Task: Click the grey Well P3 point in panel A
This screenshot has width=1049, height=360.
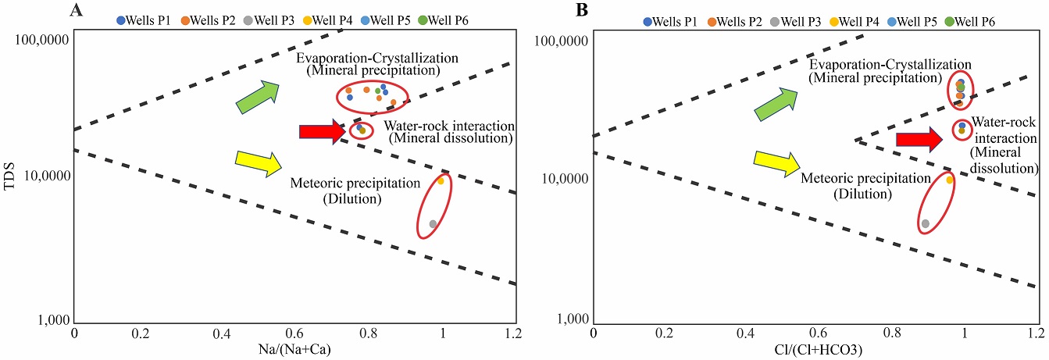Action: click(x=433, y=224)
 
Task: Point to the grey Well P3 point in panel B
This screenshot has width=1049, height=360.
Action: click(x=926, y=224)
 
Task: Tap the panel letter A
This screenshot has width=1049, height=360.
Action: click(x=76, y=10)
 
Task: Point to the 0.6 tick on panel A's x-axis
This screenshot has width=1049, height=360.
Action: click(x=294, y=333)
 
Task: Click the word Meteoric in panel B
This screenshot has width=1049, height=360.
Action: click(x=825, y=179)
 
